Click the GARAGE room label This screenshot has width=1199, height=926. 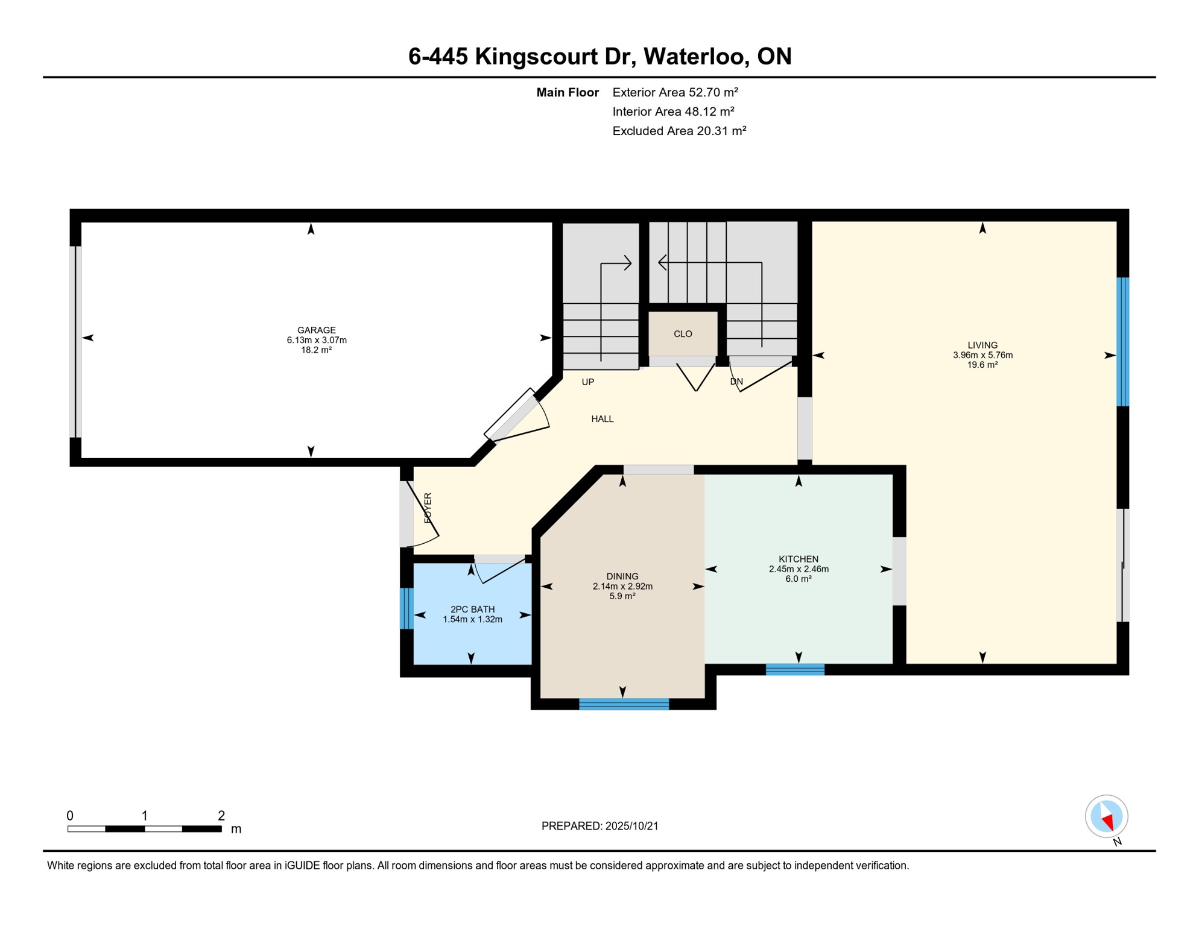pos(317,330)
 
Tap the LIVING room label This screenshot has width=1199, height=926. pos(982,345)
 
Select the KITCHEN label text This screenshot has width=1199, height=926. pos(799,559)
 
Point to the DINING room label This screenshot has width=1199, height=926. pos(622,576)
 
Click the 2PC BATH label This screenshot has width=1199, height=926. pos(472,609)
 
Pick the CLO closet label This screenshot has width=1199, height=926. pos(683,334)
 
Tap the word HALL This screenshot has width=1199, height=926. pos(603,419)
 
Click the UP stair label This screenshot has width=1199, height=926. pos(588,382)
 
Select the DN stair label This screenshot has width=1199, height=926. pos(736,382)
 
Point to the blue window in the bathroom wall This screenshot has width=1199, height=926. pos(407,608)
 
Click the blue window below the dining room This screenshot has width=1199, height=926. pos(624,704)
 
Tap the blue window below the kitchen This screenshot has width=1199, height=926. pos(795,669)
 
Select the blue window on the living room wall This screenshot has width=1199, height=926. pos(1122,342)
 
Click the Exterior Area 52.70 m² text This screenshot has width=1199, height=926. pos(675,92)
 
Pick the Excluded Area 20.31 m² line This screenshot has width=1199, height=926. pos(679,131)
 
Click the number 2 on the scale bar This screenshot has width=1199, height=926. pos(221,816)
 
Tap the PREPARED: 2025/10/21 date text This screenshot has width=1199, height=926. pos(599,826)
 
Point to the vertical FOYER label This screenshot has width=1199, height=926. pos(428,508)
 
